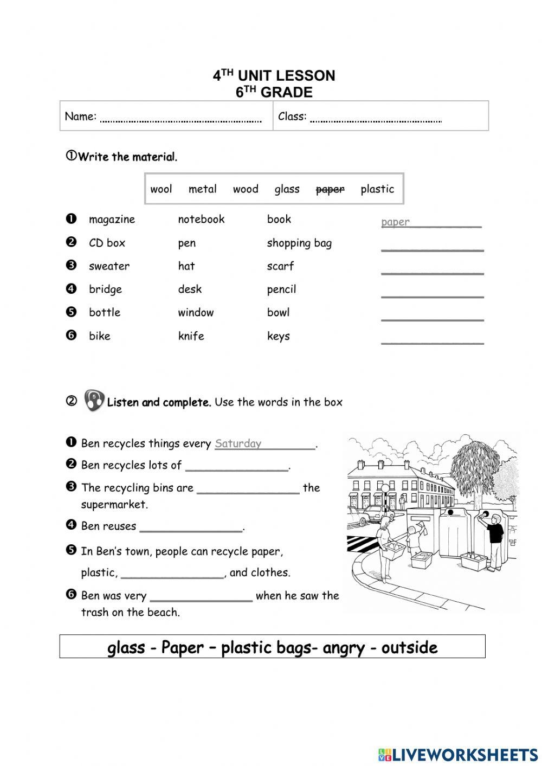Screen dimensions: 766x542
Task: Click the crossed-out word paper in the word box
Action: (x=330, y=189)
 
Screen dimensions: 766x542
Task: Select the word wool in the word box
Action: (x=161, y=189)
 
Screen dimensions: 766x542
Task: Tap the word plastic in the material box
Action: (x=377, y=189)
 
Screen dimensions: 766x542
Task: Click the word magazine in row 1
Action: (x=112, y=220)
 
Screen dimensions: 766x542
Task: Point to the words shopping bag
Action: (x=299, y=243)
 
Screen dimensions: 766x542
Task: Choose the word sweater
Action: (x=109, y=266)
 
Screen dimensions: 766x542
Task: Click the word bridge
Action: (x=105, y=289)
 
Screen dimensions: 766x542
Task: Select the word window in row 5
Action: (x=196, y=313)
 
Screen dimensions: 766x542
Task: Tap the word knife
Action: (x=191, y=336)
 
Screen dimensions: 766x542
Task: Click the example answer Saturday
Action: (x=238, y=443)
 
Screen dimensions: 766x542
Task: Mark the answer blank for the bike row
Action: (x=432, y=340)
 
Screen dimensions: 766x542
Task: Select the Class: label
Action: (x=292, y=116)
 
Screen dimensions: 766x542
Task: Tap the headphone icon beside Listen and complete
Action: (x=94, y=401)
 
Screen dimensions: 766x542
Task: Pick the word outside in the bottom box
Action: (x=409, y=647)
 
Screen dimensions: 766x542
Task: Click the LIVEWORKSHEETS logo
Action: (x=458, y=755)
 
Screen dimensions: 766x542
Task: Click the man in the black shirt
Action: (x=494, y=539)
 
